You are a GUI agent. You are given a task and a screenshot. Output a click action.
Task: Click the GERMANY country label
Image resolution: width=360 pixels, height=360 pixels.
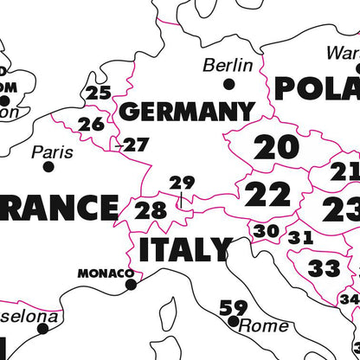pyautogui.click(x=186, y=111)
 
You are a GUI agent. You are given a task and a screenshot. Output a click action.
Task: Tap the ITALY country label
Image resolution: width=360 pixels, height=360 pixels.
pyautogui.click(x=185, y=250)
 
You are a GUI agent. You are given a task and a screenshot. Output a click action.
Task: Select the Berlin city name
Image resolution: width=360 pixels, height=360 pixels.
pyautogui.click(x=228, y=65)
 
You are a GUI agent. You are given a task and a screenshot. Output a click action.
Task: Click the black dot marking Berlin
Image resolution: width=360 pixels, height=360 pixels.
pyautogui.click(x=228, y=84)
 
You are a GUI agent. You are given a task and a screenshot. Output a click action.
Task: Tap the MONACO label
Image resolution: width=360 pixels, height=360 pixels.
pyautogui.click(x=106, y=273)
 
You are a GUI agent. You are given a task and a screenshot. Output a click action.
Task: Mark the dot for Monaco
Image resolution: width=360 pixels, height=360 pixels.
pyautogui.click(x=131, y=284)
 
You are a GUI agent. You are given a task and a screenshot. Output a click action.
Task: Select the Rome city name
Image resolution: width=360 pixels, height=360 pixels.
pyautogui.click(x=263, y=325)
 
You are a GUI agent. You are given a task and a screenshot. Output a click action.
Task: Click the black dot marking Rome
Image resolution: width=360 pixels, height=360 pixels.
pyautogui.click(x=233, y=321)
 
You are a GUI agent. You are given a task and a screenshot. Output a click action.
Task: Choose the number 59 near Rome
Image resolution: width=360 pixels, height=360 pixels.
pyautogui.click(x=233, y=307)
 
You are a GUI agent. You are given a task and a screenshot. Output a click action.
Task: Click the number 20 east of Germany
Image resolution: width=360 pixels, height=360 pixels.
pyautogui.click(x=276, y=148)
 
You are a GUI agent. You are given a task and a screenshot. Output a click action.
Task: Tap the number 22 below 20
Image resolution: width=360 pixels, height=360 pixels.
pyautogui.click(x=267, y=195)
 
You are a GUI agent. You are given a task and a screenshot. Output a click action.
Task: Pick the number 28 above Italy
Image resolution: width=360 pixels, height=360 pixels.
pyautogui.click(x=151, y=210)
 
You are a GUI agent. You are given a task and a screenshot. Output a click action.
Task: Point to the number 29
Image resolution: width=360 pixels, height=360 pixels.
pyautogui.click(x=182, y=183)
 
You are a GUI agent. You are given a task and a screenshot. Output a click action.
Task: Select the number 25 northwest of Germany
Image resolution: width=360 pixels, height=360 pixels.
pyautogui.click(x=99, y=93)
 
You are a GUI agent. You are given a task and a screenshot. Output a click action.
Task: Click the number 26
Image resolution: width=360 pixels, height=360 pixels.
pyautogui.click(x=91, y=124)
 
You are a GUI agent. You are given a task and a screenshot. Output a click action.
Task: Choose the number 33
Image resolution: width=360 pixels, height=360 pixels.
pyautogui.click(x=325, y=268)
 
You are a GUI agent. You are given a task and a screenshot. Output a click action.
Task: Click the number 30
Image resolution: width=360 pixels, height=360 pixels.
pyautogui.click(x=267, y=231)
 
